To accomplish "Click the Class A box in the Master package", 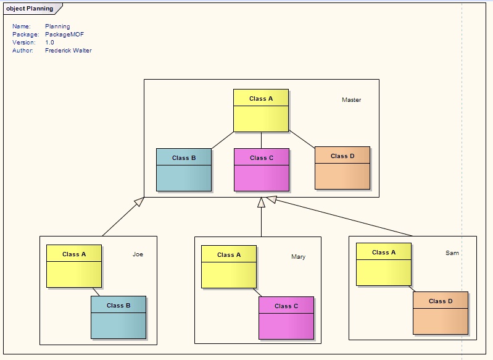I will (261, 111).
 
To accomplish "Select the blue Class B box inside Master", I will (184, 169).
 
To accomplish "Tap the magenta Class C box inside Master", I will (262, 169).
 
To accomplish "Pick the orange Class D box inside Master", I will (342, 167).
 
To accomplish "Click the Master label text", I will (351, 100).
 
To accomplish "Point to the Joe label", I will (138, 254).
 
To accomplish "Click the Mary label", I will (298, 257).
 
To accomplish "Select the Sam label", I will (452, 253).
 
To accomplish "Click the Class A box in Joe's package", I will (74, 266).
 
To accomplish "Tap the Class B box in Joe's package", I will (118, 317).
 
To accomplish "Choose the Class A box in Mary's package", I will (229, 266).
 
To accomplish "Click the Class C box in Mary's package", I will (286, 317).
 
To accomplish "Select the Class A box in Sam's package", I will (384, 264).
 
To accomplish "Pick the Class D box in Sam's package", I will (441, 312).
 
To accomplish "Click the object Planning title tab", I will (30, 9).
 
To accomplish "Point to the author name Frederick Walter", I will (68, 51).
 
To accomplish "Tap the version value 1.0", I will (49, 43).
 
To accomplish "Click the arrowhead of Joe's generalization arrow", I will (140, 201).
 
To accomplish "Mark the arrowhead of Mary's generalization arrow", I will (261, 203).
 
